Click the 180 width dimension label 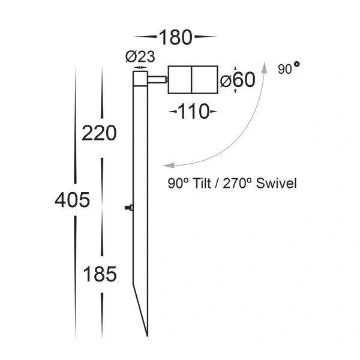[175, 37]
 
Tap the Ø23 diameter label [140, 58]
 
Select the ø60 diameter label [238, 80]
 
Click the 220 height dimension [99, 133]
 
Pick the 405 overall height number [72, 200]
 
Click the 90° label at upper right [289, 70]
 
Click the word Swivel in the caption [277, 184]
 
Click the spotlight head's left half [179, 80]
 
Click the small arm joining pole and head [158, 80]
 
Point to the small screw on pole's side [128, 208]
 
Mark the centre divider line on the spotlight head [191, 80]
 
